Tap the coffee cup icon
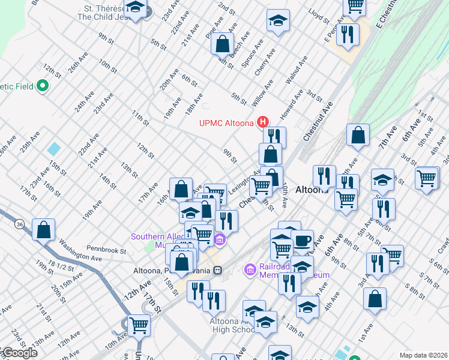click(302, 241)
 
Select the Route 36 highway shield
click(20, 224)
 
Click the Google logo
click(19, 353)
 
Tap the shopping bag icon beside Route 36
click(44, 230)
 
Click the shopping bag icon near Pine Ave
click(222, 44)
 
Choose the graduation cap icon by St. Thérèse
click(136, 9)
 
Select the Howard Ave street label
click(291, 104)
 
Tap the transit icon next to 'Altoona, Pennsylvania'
click(219, 271)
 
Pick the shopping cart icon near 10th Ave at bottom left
click(139, 325)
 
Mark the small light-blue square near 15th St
click(53, 148)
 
